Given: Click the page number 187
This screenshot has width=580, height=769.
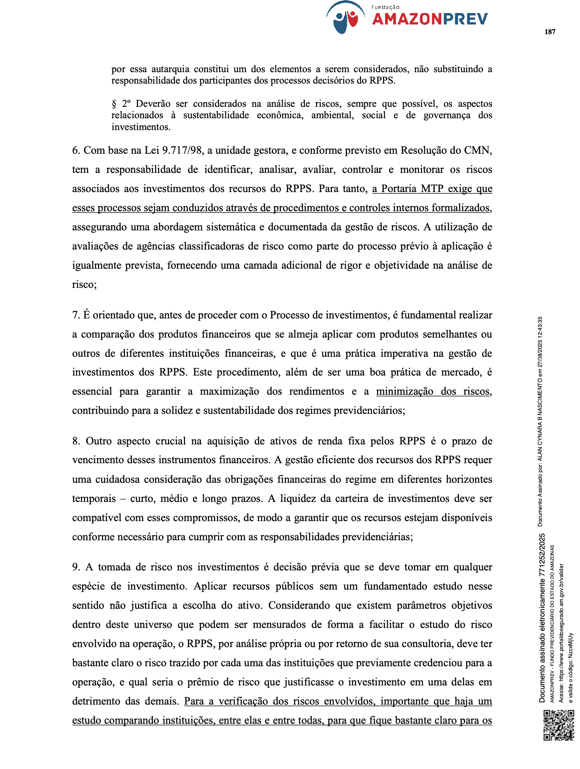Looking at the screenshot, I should coord(549,32).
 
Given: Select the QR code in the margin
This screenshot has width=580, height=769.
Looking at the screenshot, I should coord(558,725).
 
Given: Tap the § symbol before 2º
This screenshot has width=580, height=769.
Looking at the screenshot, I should coord(114,104).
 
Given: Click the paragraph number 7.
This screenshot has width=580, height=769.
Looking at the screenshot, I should coord(75,315).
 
